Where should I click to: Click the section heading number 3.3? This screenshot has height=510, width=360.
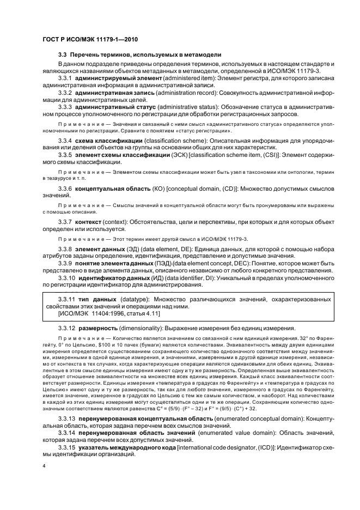click(62, 54)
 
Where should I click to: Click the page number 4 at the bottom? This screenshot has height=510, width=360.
click(45, 466)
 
